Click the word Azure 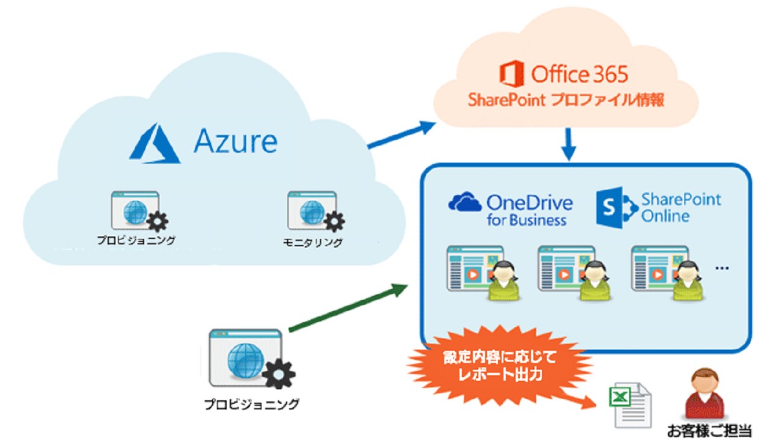click(235, 141)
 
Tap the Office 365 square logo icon click(511, 75)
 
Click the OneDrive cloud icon click(465, 202)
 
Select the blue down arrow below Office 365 click(569, 144)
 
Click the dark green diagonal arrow click(348, 308)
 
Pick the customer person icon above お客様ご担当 click(703, 394)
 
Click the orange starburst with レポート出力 click(500, 366)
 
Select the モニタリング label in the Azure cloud click(312, 243)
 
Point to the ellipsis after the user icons click(722, 267)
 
